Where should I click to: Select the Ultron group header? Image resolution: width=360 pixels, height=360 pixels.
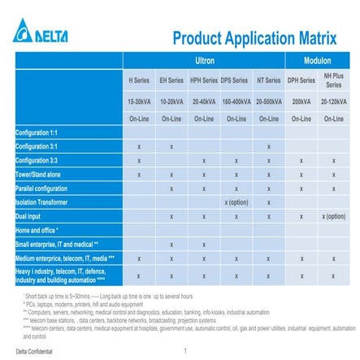(x=204, y=61)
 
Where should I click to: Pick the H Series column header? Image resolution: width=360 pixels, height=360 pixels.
(x=139, y=81)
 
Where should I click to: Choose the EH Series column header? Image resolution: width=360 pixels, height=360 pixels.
(x=171, y=81)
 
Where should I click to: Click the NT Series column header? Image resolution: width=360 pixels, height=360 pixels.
(x=268, y=81)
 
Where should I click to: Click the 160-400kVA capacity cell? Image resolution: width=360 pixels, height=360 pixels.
(x=236, y=102)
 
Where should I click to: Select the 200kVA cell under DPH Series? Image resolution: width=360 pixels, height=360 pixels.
(x=301, y=102)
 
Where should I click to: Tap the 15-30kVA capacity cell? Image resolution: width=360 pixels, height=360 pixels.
(x=139, y=102)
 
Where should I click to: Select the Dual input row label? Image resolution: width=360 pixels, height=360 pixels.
(x=31, y=216)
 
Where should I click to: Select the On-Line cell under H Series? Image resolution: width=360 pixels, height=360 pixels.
(x=139, y=119)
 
